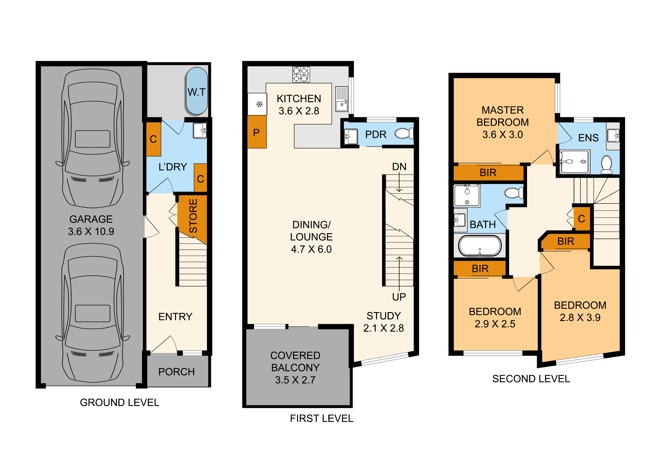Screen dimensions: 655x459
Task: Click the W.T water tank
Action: click(x=197, y=91)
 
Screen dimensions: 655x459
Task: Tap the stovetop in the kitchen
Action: click(x=301, y=74)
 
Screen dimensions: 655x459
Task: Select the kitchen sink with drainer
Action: click(x=341, y=99)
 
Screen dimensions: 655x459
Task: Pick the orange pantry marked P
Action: click(x=257, y=132)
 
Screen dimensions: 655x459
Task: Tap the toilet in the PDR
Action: click(x=404, y=133)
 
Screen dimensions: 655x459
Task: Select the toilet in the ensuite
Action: click(x=606, y=165)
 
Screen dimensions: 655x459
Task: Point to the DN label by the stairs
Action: click(x=399, y=167)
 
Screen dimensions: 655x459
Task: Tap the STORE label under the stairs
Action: click(x=193, y=216)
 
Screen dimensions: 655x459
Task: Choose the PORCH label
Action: click(x=177, y=372)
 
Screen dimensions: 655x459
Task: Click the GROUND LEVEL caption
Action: click(x=119, y=402)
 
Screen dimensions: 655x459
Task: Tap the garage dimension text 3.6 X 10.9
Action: click(x=91, y=232)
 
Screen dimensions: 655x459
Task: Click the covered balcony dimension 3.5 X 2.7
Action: click(x=295, y=380)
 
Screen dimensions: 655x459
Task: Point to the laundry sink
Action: click(x=200, y=130)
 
